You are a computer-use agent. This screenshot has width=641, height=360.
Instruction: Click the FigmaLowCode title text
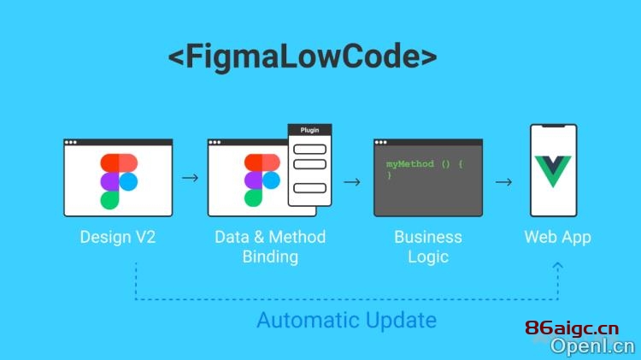[303, 56]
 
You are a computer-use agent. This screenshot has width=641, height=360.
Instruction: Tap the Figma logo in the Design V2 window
[119, 181]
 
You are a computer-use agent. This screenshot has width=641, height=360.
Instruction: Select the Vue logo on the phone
[553, 171]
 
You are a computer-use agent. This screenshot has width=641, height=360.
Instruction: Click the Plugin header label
[309, 130]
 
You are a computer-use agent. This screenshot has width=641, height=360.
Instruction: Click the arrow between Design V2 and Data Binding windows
[190, 178]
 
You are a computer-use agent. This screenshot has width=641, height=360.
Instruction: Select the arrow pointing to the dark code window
[352, 181]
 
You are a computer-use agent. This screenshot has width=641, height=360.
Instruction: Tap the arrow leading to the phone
[503, 181]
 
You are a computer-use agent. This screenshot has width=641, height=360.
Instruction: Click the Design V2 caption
[118, 237]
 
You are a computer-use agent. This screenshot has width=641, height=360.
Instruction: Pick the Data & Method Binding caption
[270, 246]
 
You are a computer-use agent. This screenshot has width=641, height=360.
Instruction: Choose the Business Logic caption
[428, 246]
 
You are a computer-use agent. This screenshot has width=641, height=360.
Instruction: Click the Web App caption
[557, 237]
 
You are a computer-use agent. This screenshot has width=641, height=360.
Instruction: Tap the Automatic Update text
[347, 320]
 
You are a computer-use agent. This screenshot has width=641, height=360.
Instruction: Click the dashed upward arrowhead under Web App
[557, 266]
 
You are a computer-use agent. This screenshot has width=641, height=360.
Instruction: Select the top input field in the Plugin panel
[310, 150]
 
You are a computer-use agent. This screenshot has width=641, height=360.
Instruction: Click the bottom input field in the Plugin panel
[310, 188]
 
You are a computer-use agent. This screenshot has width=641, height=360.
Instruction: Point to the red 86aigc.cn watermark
[572, 328]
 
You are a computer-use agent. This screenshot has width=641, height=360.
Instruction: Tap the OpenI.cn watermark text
[593, 346]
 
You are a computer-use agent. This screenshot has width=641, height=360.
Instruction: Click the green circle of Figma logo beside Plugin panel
[254, 198]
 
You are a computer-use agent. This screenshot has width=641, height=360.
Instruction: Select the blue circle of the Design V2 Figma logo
[128, 181]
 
